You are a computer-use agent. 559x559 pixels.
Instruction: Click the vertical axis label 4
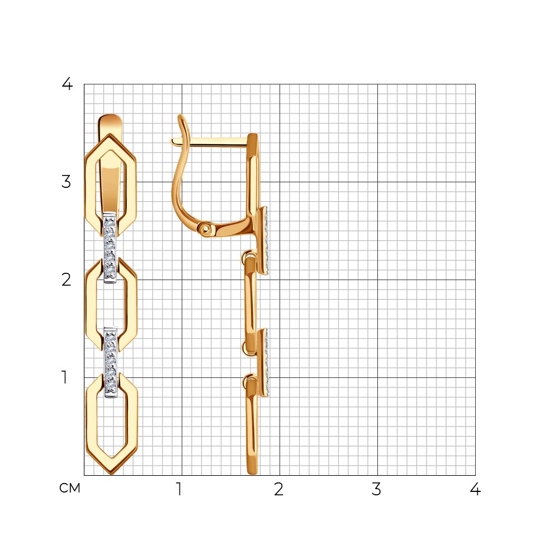tap(67, 84)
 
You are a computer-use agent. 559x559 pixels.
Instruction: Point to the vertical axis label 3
tap(67, 182)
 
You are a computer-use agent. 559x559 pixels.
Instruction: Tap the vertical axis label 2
tap(67, 279)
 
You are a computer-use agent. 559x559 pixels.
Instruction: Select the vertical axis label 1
tap(64, 377)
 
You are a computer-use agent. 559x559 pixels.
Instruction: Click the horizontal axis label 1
tap(179, 489)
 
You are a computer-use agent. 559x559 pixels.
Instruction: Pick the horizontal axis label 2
tap(279, 489)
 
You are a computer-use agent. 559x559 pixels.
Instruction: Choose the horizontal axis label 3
tap(376, 489)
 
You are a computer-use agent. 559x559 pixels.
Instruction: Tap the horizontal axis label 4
tap(475, 489)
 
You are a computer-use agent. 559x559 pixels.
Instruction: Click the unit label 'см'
tap(70, 488)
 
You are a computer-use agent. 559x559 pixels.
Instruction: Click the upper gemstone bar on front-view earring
tap(110, 248)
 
